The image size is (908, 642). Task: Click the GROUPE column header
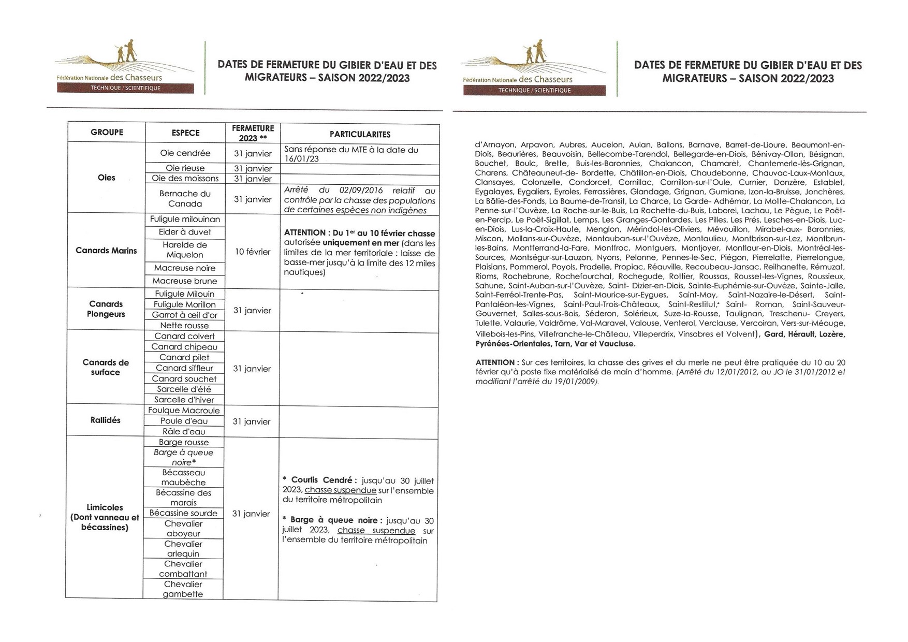click(107, 132)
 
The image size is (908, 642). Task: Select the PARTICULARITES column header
click(360, 134)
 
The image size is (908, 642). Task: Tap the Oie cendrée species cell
click(185, 153)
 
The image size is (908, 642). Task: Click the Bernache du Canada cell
click(185, 199)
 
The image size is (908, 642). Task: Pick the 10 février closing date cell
click(253, 252)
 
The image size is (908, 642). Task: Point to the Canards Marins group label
click(106, 251)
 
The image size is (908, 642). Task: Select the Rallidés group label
click(105, 420)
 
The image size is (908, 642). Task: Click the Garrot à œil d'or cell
click(185, 315)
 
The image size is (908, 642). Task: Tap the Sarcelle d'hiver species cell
click(184, 399)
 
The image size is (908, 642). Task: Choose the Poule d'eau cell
click(184, 421)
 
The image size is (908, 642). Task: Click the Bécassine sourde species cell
click(184, 513)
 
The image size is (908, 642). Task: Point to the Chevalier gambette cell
click(183, 589)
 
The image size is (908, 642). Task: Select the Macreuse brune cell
click(185, 281)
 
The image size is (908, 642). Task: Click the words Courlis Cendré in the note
click(324, 480)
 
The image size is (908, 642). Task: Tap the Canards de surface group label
click(106, 367)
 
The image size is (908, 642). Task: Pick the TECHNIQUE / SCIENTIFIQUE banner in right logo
click(534, 91)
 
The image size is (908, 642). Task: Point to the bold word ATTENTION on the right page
click(494, 362)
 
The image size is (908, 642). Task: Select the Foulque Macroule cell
click(184, 411)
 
